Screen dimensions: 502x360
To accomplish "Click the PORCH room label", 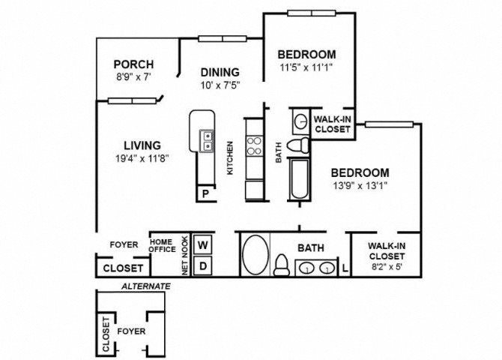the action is coord(134,64).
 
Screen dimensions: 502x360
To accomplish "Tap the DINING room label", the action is coord(220,72).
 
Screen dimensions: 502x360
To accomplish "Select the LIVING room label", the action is coord(142,145).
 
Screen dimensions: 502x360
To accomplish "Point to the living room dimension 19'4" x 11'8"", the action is coord(142,158).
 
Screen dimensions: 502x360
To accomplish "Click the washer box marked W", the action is coord(202,245).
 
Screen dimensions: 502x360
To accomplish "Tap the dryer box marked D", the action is coord(202,265).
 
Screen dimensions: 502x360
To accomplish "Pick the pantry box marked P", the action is coord(205,193).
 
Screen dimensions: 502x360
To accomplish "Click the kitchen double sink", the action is coord(207,141).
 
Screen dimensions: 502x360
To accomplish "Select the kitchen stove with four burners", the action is coord(254,145).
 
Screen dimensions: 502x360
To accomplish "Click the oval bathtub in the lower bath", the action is coord(255,255).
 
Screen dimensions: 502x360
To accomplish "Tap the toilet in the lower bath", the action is coord(282,265).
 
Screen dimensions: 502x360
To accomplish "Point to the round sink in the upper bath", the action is coord(300,121).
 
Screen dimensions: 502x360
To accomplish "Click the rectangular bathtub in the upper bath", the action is coord(300,179).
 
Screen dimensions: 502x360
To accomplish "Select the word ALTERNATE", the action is coord(146,286).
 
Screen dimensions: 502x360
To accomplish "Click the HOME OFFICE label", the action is coord(163,245).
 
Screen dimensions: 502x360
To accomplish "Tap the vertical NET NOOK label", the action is coord(185,256).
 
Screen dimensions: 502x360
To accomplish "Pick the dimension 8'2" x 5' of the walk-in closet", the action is coord(386,267).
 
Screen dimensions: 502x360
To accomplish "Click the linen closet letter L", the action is coord(345,268).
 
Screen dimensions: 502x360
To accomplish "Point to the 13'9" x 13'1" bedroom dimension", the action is coord(360,185).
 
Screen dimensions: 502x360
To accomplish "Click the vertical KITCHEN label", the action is coord(230,158).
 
